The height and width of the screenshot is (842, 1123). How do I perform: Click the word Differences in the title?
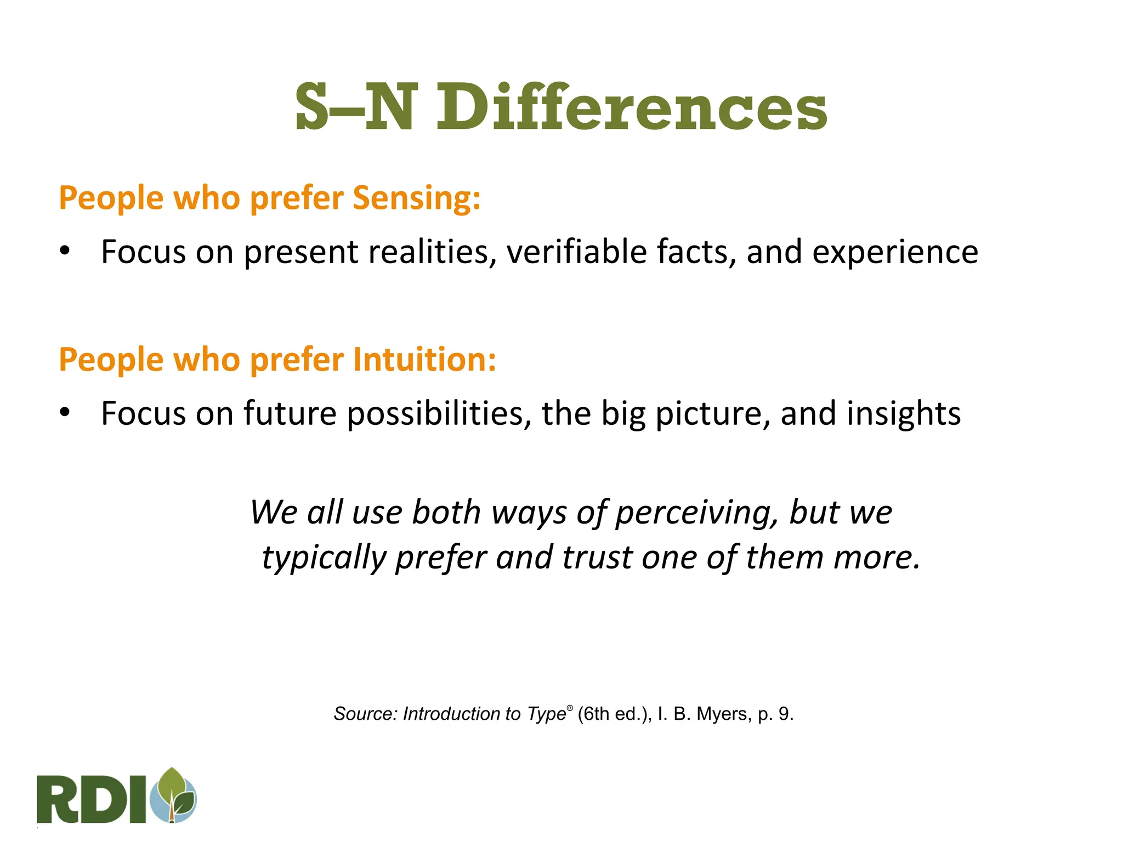pos(632,107)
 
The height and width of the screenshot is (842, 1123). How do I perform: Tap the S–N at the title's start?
pos(354,107)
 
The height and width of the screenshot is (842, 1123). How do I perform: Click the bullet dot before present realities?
pos(65,252)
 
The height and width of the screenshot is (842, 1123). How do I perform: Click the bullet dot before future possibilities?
pos(65,413)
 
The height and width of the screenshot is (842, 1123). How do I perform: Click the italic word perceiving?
pos(696,513)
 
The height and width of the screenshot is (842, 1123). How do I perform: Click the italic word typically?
pos(324,558)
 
